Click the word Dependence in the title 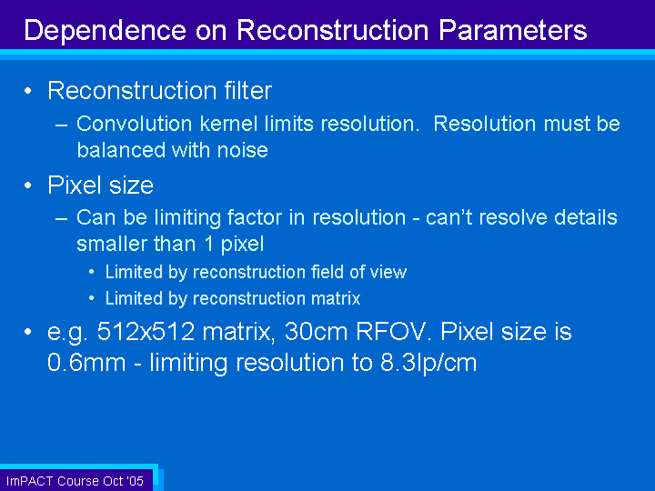[x=105, y=31]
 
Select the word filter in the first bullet [x=248, y=90]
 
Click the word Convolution [x=135, y=124]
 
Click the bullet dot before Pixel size [x=28, y=185]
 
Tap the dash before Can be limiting [x=62, y=219]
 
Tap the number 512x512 [x=146, y=332]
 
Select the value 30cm [x=317, y=332]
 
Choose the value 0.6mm [x=86, y=363]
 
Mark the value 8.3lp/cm [x=428, y=363]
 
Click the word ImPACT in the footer [x=29, y=481]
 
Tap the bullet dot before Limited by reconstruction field [x=92, y=272]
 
